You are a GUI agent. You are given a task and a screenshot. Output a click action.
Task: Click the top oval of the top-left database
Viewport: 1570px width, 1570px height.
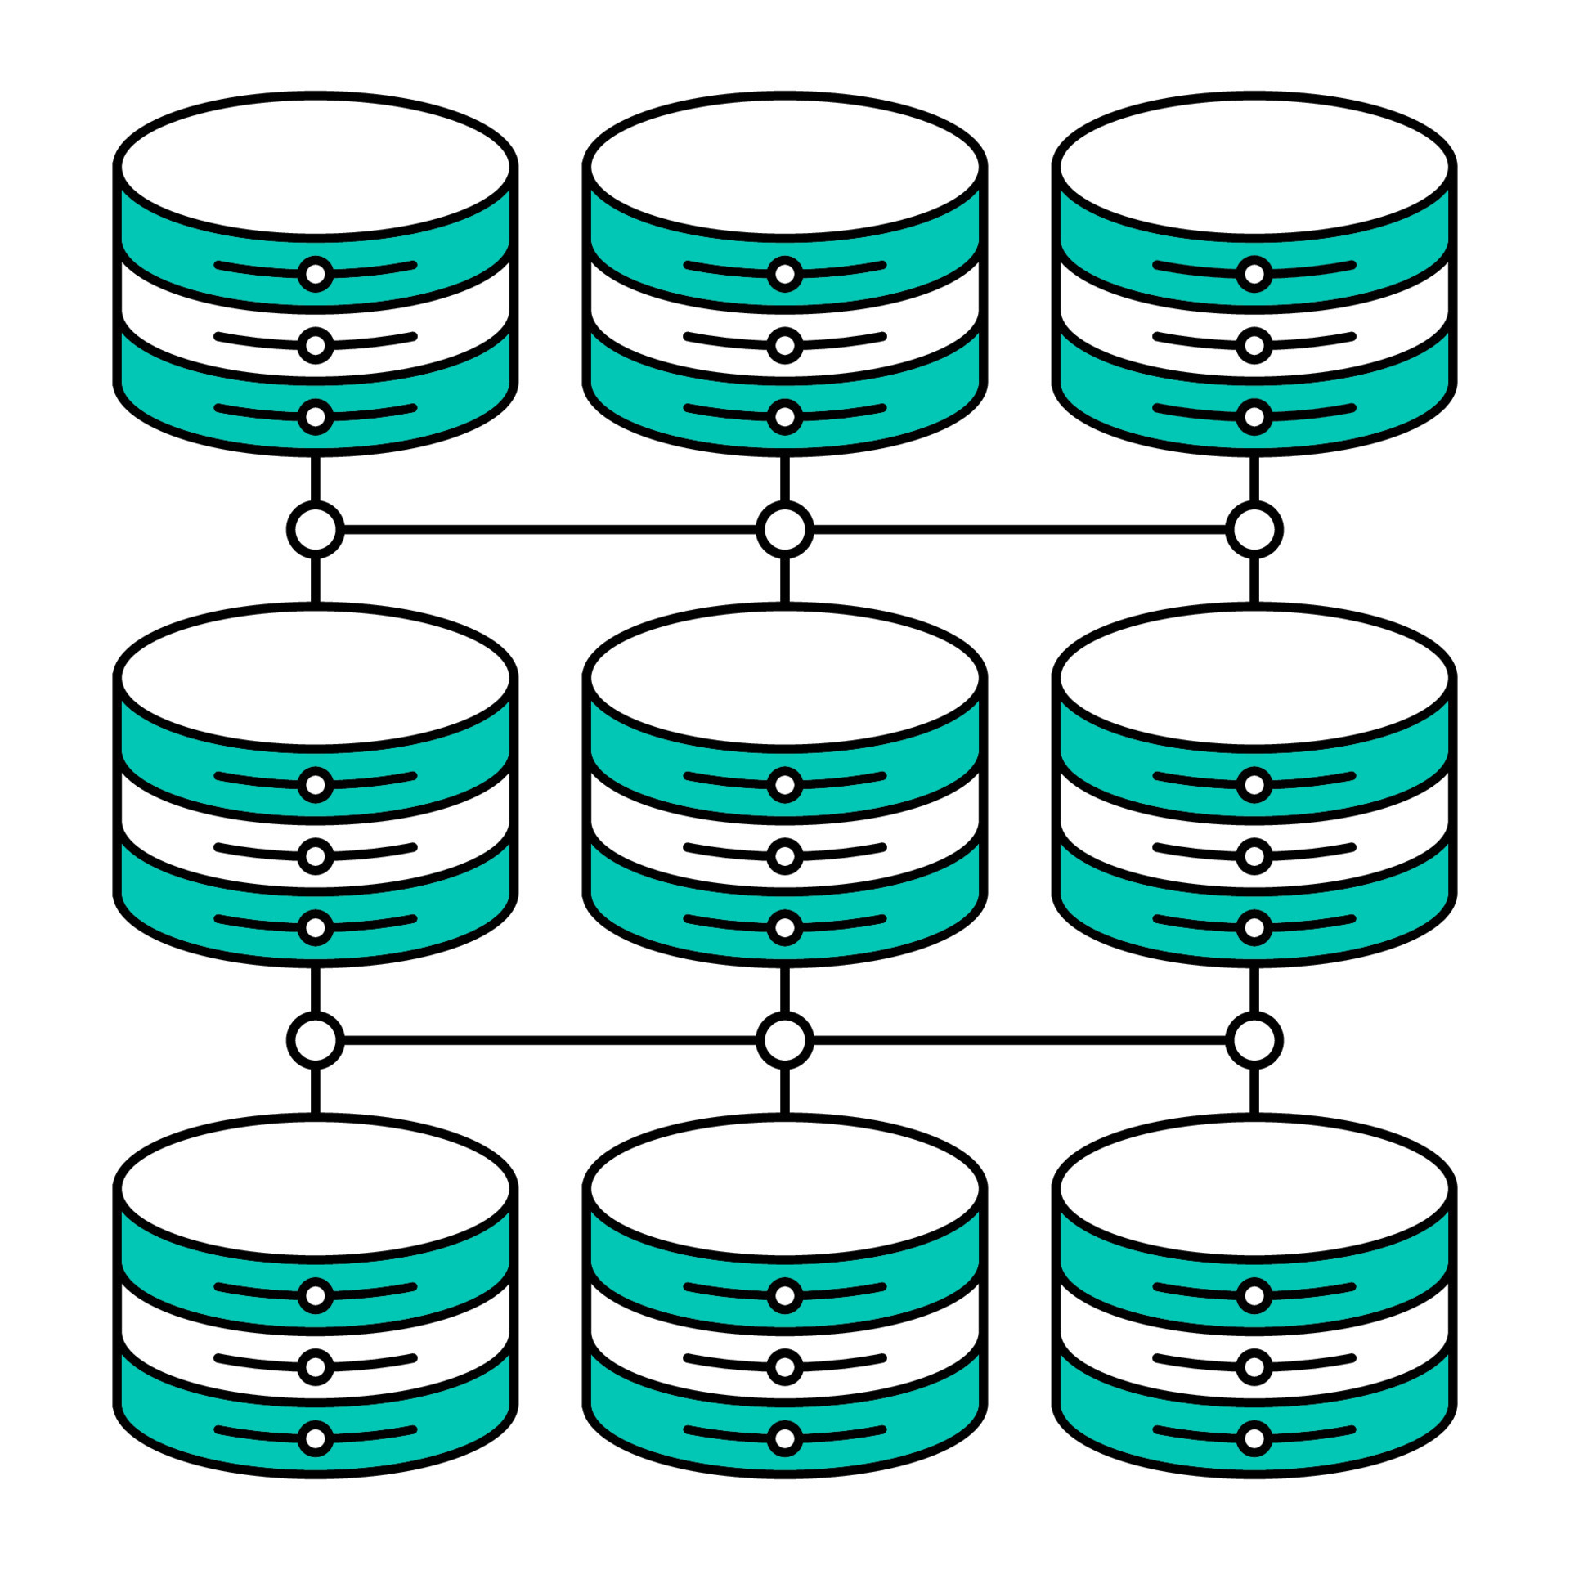(x=316, y=167)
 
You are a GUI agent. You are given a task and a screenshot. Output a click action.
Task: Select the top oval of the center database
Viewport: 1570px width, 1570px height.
(x=785, y=677)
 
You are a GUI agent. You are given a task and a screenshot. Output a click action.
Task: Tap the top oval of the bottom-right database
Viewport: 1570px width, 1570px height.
(x=1254, y=1187)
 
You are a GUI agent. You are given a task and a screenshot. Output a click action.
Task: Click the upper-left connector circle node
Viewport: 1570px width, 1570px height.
(x=316, y=529)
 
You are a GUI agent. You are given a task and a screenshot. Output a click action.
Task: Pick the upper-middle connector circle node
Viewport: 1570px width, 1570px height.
(x=785, y=529)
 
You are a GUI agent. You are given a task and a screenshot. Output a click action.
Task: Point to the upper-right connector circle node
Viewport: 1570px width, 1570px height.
(x=1254, y=529)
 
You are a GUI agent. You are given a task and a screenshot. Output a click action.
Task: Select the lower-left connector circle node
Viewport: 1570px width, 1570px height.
(x=316, y=1040)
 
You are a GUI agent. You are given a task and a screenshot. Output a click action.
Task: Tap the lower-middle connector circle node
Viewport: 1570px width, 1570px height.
(x=785, y=1040)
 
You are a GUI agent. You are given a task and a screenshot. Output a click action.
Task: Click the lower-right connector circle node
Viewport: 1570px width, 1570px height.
(x=1254, y=1040)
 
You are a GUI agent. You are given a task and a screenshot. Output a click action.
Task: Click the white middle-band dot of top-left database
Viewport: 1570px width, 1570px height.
(x=316, y=346)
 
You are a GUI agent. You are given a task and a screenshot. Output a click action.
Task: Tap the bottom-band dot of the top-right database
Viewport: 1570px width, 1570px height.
(x=1254, y=417)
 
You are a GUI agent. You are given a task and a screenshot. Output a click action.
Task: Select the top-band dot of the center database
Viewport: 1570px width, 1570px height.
(x=785, y=785)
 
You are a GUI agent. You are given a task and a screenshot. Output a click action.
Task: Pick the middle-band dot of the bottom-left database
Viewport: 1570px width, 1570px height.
(x=316, y=1366)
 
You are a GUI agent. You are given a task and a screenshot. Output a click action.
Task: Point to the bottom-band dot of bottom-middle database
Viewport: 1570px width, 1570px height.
(x=785, y=1438)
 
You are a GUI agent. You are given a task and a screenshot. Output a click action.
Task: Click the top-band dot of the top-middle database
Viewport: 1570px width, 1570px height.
(x=785, y=274)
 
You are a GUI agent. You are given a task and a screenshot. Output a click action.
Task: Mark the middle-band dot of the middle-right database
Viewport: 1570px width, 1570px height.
(x=1254, y=856)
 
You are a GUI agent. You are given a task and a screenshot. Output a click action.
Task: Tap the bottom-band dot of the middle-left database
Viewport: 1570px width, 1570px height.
(x=316, y=927)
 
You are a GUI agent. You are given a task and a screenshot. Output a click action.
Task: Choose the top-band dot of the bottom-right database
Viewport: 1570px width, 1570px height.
(x=1254, y=1295)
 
